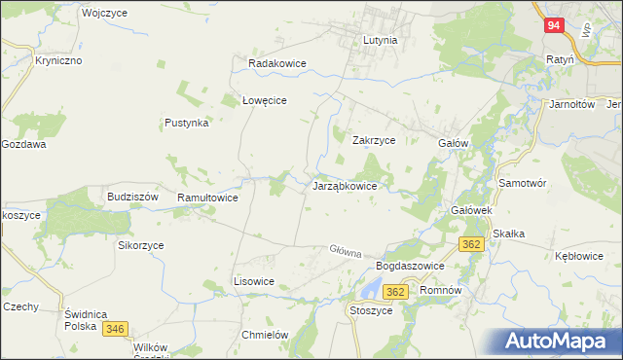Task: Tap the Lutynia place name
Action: click(380, 41)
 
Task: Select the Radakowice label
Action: click(277, 63)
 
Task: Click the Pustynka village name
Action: click(187, 124)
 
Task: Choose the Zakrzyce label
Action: click(373, 140)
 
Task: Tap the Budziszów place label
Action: click(132, 197)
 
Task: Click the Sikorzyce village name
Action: click(141, 246)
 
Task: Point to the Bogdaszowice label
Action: click(410, 266)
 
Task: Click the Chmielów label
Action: click(265, 335)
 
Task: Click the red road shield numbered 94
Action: click(553, 26)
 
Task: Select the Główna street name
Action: click(346, 252)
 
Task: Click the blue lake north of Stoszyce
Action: click(370, 288)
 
